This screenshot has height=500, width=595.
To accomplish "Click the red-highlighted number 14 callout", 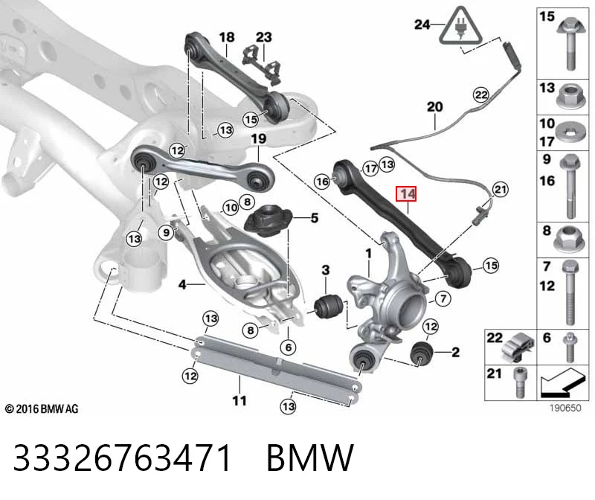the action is [x=406, y=194].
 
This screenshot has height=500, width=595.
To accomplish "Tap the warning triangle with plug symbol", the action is [x=460, y=26].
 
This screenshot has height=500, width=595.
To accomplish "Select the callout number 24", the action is [x=422, y=25].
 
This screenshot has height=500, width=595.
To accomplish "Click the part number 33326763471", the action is [x=122, y=458].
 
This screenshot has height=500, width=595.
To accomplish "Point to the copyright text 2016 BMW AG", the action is [x=42, y=409].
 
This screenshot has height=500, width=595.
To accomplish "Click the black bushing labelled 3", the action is [x=329, y=307].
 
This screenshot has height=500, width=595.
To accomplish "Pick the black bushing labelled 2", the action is [x=422, y=353].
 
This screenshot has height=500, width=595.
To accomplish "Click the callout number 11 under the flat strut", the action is [x=239, y=400].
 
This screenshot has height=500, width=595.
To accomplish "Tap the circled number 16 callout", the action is [x=323, y=182].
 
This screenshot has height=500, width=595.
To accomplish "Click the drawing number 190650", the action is [x=565, y=408].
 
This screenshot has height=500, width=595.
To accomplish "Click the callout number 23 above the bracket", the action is [x=264, y=37].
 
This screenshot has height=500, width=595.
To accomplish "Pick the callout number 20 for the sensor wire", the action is [x=435, y=106].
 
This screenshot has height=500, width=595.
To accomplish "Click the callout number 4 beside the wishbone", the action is [x=182, y=283].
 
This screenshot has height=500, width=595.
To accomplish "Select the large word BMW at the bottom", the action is [x=310, y=458].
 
